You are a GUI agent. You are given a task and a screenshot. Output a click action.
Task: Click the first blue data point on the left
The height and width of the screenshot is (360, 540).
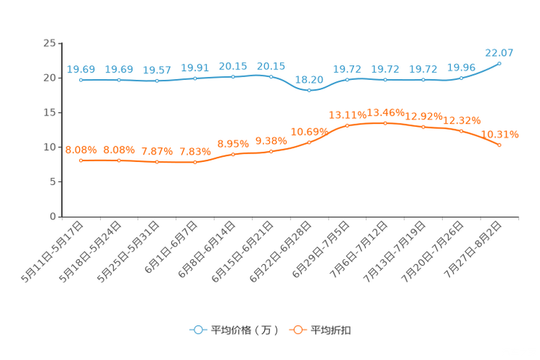tap(81, 79)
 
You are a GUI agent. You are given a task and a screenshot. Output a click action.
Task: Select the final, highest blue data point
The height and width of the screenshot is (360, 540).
tap(499, 63)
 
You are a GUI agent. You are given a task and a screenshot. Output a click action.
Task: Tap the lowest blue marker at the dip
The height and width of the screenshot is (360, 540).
tap(309, 91)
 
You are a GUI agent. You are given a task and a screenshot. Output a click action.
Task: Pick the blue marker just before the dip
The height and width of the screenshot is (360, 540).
tap(271, 75)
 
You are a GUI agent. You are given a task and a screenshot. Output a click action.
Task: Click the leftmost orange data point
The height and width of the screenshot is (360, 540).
tap(81, 160)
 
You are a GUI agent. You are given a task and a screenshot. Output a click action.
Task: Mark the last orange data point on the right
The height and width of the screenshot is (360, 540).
tap(499, 145)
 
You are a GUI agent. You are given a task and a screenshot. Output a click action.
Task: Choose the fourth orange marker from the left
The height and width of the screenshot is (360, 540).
tap(195, 163)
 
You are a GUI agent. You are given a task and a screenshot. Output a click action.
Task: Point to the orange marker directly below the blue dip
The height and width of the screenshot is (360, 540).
tap(309, 142)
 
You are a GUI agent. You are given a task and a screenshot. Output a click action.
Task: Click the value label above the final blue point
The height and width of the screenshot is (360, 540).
tap(499, 52)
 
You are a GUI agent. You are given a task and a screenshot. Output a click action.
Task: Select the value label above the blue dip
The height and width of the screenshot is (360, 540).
tap(309, 79)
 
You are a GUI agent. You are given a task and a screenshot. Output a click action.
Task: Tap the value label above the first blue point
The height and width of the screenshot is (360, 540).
tap(81, 69)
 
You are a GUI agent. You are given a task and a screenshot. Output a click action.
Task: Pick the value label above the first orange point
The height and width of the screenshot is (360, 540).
tap(81, 150)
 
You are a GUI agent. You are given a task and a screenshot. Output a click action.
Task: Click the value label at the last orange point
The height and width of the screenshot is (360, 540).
tap(501, 134)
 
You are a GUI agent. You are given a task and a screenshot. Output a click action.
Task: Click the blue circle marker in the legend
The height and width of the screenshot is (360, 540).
tap(197, 330)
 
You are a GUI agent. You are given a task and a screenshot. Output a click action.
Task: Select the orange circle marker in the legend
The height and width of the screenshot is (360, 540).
tap(297, 330)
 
